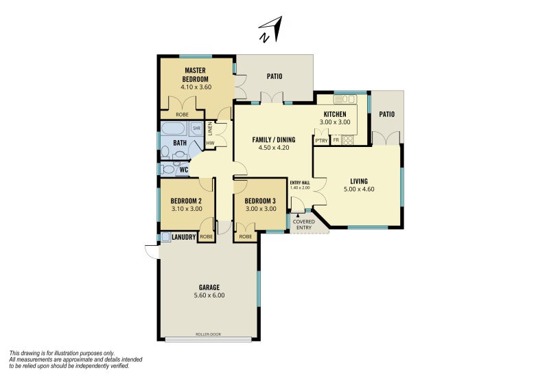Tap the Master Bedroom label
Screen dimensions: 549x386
click(x=196, y=75)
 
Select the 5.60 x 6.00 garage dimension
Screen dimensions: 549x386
click(x=209, y=295)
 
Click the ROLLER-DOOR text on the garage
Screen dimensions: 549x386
click(x=209, y=334)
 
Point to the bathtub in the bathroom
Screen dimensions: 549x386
click(x=174, y=128)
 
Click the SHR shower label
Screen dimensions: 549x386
click(x=197, y=128)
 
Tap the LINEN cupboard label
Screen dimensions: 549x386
click(x=210, y=128)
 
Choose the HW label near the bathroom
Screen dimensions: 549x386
click(x=210, y=144)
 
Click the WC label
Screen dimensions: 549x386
click(x=184, y=170)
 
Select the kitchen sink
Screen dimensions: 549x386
click(x=344, y=100)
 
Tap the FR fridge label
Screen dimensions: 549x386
click(x=336, y=141)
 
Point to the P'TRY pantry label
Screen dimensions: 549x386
click(x=321, y=141)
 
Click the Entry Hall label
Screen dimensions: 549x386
click(x=300, y=183)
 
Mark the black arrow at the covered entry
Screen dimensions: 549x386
click(x=298, y=216)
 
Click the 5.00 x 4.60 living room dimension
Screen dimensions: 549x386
click(x=359, y=189)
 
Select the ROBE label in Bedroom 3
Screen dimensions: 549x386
click(x=246, y=237)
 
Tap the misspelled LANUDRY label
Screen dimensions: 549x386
click(x=183, y=237)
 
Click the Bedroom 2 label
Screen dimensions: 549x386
click(x=186, y=201)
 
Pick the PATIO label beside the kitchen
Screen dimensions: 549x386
click(x=387, y=114)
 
